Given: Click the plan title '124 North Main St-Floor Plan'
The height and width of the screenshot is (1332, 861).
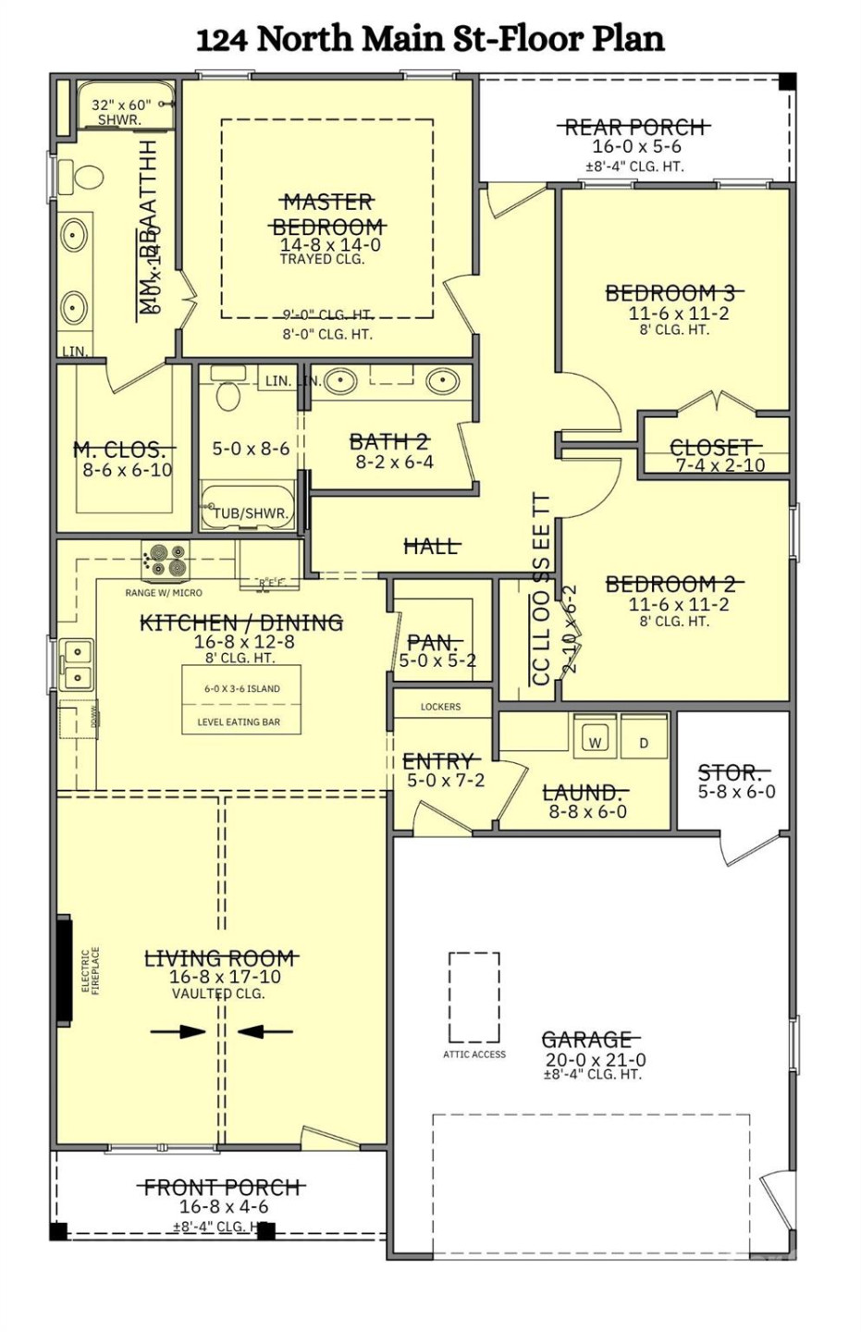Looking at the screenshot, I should (430, 40).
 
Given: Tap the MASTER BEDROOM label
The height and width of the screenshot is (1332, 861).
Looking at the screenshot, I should (329, 215).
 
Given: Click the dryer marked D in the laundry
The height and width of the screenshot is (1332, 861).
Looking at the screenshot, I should (644, 742).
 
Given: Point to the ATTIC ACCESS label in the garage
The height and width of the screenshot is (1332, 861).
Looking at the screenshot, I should (474, 1054).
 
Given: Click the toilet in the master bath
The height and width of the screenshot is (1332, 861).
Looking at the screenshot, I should (84, 175).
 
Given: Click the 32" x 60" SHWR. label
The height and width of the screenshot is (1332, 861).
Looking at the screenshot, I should (120, 112).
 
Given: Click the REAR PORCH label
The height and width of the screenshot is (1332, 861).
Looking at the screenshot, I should (636, 127).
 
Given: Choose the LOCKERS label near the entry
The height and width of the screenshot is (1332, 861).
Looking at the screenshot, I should (440, 707).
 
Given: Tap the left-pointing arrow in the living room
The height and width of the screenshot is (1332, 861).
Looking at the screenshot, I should (264, 1030).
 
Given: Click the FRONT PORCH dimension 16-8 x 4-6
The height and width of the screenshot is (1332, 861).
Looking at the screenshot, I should (224, 1207).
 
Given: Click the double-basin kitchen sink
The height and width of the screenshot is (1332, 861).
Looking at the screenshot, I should (77, 664).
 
